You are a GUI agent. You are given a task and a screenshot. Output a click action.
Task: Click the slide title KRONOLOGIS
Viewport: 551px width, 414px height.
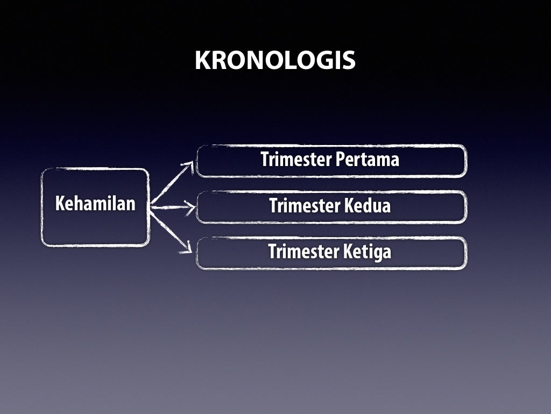(275, 60)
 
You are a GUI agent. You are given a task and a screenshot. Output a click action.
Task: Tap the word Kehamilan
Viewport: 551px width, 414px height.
(96, 204)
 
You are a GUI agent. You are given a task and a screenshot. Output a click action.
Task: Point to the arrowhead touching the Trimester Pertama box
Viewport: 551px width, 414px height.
(189, 165)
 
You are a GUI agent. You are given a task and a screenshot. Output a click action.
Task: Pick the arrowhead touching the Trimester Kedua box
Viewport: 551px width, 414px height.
(190, 207)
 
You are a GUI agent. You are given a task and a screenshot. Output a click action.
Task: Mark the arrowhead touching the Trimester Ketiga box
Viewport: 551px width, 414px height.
(188, 249)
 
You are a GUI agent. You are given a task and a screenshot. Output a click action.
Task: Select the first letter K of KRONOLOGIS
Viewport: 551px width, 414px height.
(202, 60)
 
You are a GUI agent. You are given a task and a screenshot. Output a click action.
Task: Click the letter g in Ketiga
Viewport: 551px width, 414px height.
(378, 253)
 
